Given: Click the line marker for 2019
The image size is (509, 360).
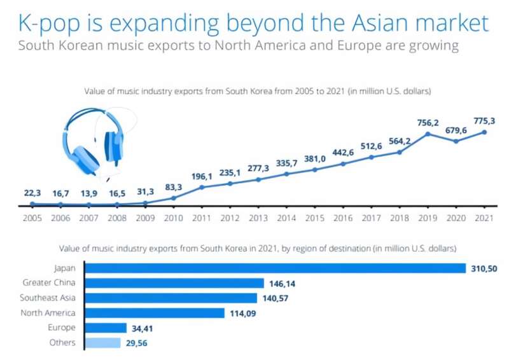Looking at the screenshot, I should tap(428, 134).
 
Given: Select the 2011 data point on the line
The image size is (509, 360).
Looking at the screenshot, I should tap(202, 187).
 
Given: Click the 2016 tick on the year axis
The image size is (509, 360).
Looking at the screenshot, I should tap(343, 217).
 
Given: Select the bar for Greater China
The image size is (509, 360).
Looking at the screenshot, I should tap(174, 283).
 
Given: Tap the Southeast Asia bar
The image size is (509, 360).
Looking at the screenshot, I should tap(171, 298).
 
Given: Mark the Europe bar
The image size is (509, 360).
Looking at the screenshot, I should tap(106, 328).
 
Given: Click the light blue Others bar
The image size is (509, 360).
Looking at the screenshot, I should tap(102, 343).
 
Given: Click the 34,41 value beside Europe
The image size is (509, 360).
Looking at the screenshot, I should tap(145, 328).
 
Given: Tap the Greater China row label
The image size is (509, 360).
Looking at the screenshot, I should tap(48, 283).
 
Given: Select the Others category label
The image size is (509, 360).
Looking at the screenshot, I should tap(63, 343).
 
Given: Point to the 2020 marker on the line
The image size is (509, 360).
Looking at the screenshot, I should tap(456, 141).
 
